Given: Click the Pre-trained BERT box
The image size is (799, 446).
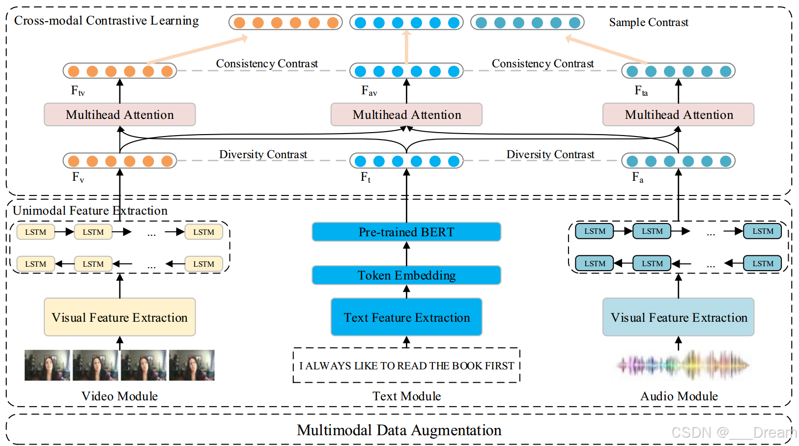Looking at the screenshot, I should [406, 232].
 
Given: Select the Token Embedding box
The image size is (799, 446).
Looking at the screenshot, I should [406, 275].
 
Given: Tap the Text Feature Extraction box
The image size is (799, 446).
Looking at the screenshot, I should [406, 317].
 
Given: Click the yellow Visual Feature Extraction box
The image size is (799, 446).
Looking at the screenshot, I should [119, 317].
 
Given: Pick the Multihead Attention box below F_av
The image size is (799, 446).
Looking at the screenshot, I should [406, 114].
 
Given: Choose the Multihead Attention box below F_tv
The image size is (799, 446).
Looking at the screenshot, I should [119, 114].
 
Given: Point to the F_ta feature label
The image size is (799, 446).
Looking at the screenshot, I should [641, 91].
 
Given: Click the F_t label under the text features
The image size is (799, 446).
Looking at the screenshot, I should [365, 177].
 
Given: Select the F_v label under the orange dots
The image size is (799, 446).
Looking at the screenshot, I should [78, 177].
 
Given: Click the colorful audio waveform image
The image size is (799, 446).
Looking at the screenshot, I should [683, 365].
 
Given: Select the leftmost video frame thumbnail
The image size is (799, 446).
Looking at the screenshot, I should [47, 365].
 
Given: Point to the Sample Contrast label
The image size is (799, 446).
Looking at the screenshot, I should [648, 22].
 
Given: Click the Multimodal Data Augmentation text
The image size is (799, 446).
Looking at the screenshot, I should [399, 430].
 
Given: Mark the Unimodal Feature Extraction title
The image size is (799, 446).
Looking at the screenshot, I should [90, 211].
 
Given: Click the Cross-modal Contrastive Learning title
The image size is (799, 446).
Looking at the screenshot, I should [106, 21].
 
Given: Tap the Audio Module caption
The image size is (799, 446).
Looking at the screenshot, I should [679, 396].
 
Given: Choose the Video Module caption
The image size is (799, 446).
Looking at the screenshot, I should [119, 396].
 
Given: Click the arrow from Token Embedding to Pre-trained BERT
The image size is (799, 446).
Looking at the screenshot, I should [406, 253].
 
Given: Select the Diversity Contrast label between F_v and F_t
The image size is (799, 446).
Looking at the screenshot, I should [263, 154].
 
